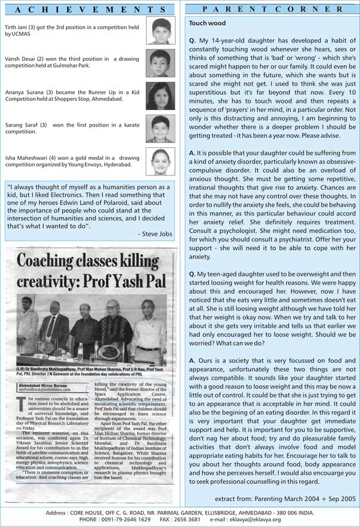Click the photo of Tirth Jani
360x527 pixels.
click(161, 31)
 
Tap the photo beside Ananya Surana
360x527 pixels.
click(160, 95)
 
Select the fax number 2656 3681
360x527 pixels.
click(210, 519)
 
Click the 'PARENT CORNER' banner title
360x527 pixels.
click(272, 9)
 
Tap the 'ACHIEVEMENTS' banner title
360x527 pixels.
click(89, 9)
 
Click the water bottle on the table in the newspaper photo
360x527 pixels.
click(80, 351)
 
